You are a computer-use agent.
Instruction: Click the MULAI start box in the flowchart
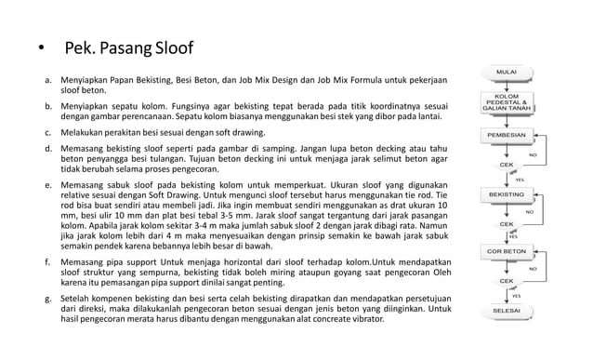pyautogui.click(x=507, y=72)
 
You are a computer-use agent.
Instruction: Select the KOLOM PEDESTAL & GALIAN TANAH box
pyautogui.click(x=507, y=102)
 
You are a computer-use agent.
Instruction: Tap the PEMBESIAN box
pyautogui.click(x=507, y=135)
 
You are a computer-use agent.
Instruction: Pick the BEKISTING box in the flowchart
pyautogui.click(x=507, y=193)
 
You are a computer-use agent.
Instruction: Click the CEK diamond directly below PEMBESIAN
pyautogui.click(x=507, y=164)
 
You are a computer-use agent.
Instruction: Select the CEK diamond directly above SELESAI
pyautogui.click(x=507, y=280)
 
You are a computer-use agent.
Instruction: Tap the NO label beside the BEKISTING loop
pyautogui.click(x=528, y=212)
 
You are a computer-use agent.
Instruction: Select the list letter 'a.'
pyautogui.click(x=36, y=82)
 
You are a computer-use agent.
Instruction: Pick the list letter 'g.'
pyautogui.click(x=36, y=300)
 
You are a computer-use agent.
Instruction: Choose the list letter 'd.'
pyautogui.click(x=36, y=148)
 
